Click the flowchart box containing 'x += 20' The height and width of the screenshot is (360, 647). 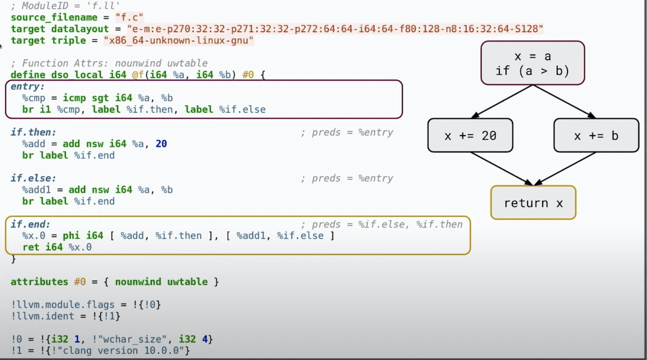[470, 135]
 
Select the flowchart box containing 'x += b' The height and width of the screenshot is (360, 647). [596, 135]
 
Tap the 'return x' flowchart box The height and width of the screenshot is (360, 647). [533, 203]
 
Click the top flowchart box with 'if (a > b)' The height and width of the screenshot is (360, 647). [532, 63]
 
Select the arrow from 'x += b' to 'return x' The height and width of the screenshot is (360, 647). [565, 168]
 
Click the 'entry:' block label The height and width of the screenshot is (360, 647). [27, 86]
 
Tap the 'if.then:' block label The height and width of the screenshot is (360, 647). [33, 132]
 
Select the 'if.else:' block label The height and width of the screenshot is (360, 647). [33, 178]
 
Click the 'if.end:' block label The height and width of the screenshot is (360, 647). [30, 224]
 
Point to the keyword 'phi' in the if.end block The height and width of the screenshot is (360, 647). [71, 236]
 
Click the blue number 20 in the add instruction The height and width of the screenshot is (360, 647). [161, 144]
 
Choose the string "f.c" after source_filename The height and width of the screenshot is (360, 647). [129, 18]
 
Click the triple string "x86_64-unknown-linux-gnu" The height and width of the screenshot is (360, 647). [179, 41]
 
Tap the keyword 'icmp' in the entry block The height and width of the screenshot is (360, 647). [74, 98]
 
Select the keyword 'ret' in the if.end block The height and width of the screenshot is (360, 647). [31, 247]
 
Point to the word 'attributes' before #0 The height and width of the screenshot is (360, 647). [39, 282]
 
